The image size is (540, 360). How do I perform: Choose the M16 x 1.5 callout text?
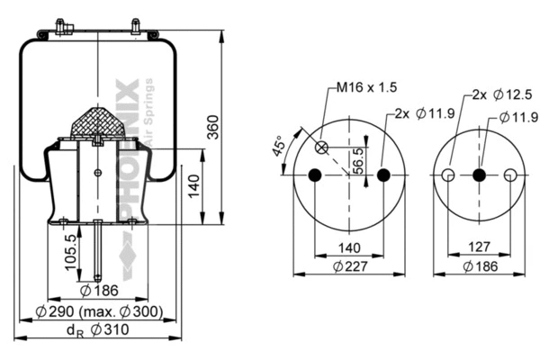pos(366,87)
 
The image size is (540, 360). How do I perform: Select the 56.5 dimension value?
pos(359,160)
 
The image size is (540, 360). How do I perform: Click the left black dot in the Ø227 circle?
pos(314,175)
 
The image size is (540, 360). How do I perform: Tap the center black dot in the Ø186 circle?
pos(479,175)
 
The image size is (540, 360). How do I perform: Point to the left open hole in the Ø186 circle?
pos(447,175)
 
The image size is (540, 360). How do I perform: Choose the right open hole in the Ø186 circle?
pos(510,175)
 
